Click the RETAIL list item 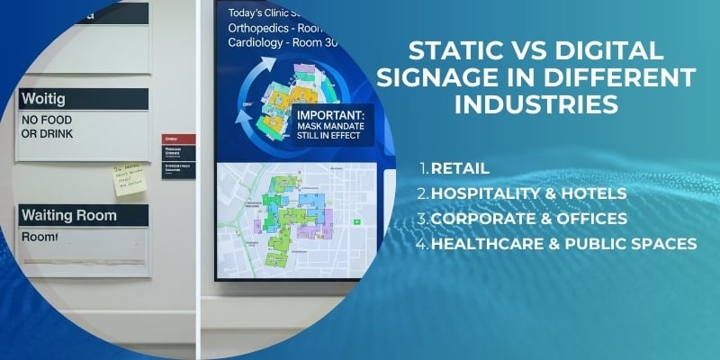click(x=460, y=168)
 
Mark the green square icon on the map click(x=356, y=220)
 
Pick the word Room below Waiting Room click(x=40, y=238)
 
